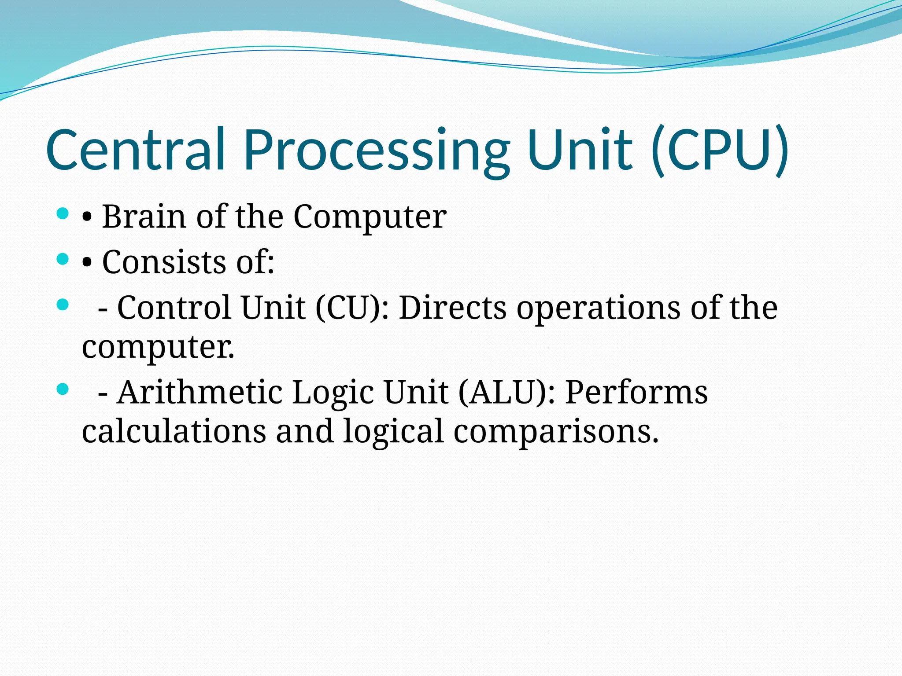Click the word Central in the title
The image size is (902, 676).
pyautogui.click(x=136, y=150)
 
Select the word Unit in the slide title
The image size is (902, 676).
pyautogui.click(x=580, y=150)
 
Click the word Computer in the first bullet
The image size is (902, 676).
pyautogui.click(x=370, y=217)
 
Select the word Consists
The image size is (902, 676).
pyautogui.click(x=164, y=262)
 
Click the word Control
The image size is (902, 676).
pyautogui.click(x=174, y=307)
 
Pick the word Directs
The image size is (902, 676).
pyautogui.click(x=453, y=307)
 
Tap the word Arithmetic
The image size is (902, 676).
pyautogui.click(x=200, y=392)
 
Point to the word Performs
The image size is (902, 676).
pyautogui.click(x=636, y=392)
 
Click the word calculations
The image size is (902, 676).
pyautogui.click(x=174, y=431)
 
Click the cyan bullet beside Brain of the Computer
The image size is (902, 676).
pyautogui.click(x=63, y=214)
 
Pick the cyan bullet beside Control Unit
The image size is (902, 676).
pyautogui.click(x=63, y=305)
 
